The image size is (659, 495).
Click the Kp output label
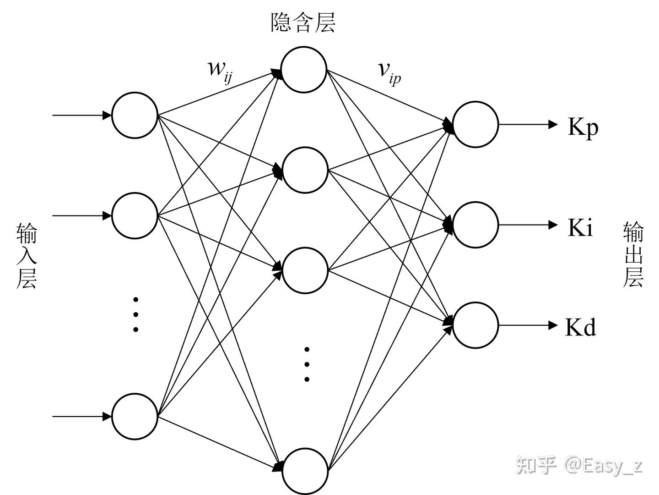[583, 128]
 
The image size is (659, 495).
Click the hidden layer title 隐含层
[302, 22]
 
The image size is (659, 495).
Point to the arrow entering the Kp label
[528, 124]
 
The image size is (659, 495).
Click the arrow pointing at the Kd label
[528, 325]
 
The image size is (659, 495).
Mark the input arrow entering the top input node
[82, 115]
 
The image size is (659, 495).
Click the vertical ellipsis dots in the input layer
[136, 315]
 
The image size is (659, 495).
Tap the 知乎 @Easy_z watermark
[579, 466]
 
